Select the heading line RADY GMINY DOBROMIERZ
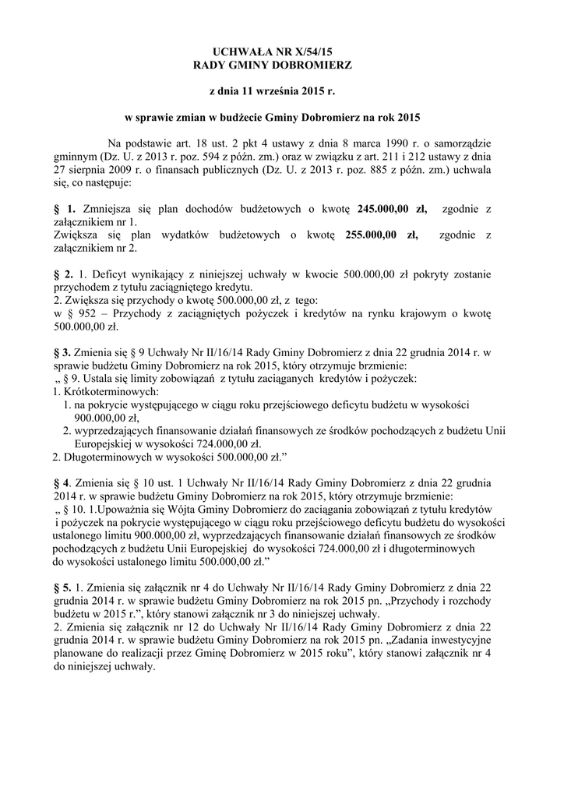pos(273,66)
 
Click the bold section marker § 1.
pos(64,210)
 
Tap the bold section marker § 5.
pos(64,587)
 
